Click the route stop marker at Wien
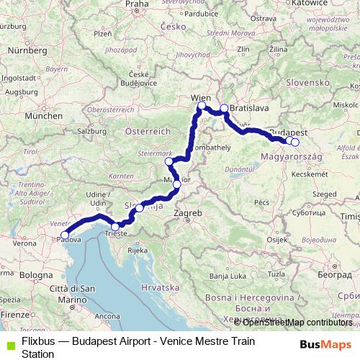click(202, 107)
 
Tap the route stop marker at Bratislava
click(224, 109)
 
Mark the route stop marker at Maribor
click(176, 184)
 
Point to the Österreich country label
click(147, 132)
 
